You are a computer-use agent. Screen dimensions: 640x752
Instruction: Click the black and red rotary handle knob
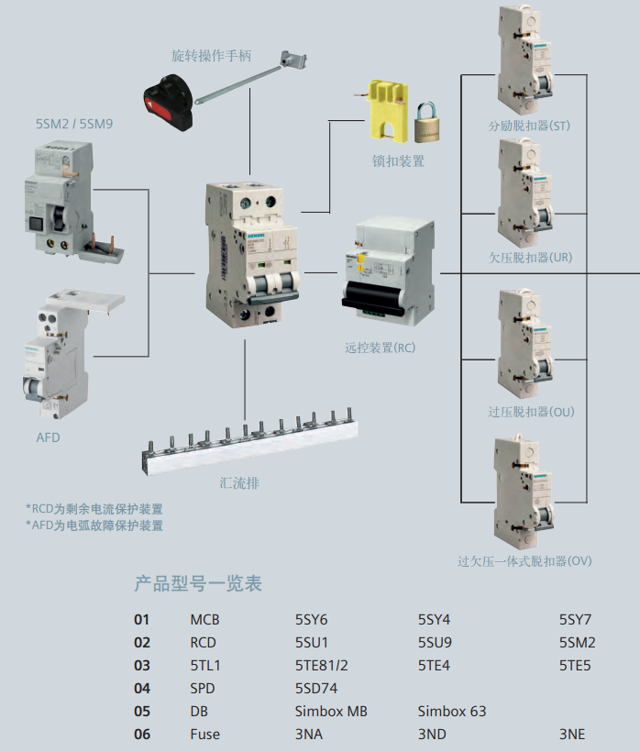pyautogui.click(x=169, y=102)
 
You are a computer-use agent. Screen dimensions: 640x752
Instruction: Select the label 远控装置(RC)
pyautogui.click(x=381, y=348)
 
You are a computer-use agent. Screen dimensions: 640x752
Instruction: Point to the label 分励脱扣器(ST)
pyautogui.click(x=529, y=127)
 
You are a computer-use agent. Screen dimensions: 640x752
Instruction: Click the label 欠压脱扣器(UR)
pyautogui.click(x=530, y=258)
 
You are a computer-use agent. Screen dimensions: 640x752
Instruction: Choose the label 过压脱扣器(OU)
pyautogui.click(x=531, y=412)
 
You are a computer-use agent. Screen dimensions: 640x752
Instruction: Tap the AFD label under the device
pyautogui.click(x=48, y=437)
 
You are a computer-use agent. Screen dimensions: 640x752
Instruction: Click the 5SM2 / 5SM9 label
pyautogui.click(x=74, y=124)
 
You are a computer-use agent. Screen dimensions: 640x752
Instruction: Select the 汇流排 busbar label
pyautogui.click(x=239, y=483)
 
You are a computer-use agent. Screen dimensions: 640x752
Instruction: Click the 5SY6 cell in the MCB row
pyautogui.click(x=311, y=620)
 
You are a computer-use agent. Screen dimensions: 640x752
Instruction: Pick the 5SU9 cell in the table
pyautogui.click(x=435, y=643)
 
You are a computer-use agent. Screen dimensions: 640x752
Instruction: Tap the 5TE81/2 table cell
pyautogui.click(x=322, y=666)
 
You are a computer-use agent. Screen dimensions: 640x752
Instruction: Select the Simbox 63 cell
pyautogui.click(x=452, y=712)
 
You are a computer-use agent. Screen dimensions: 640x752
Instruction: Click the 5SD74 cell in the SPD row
pyautogui.click(x=316, y=689)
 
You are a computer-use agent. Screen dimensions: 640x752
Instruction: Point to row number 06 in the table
pyautogui.click(x=142, y=735)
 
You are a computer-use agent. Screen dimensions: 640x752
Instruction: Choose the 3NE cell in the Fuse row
pyautogui.click(x=572, y=735)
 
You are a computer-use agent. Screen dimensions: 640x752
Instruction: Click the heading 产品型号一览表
pyautogui.click(x=198, y=583)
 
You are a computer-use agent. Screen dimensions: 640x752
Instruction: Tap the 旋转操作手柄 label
pyautogui.click(x=212, y=56)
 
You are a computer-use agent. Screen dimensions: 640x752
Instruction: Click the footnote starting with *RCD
pyautogui.click(x=94, y=509)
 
